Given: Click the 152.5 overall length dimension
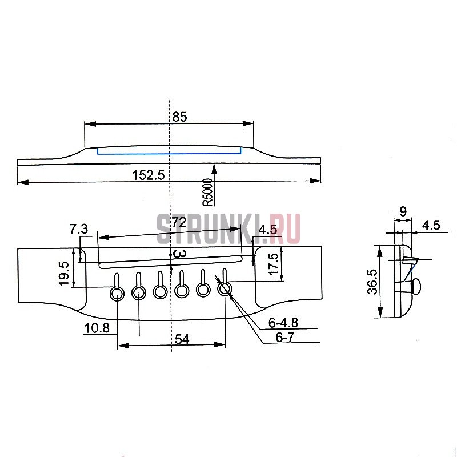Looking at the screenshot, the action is click(149, 175).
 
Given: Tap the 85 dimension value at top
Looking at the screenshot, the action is click(179, 117).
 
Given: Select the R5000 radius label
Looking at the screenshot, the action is click(208, 192).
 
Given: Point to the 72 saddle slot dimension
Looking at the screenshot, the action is click(179, 222).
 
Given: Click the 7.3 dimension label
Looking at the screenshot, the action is click(79, 229).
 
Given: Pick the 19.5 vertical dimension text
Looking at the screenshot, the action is click(64, 274).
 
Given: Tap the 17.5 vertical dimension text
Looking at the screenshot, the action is click(274, 264).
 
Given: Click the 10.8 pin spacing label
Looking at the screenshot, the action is click(97, 328).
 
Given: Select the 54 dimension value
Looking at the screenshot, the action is click(182, 339).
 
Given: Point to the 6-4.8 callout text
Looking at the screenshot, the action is click(283, 323).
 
